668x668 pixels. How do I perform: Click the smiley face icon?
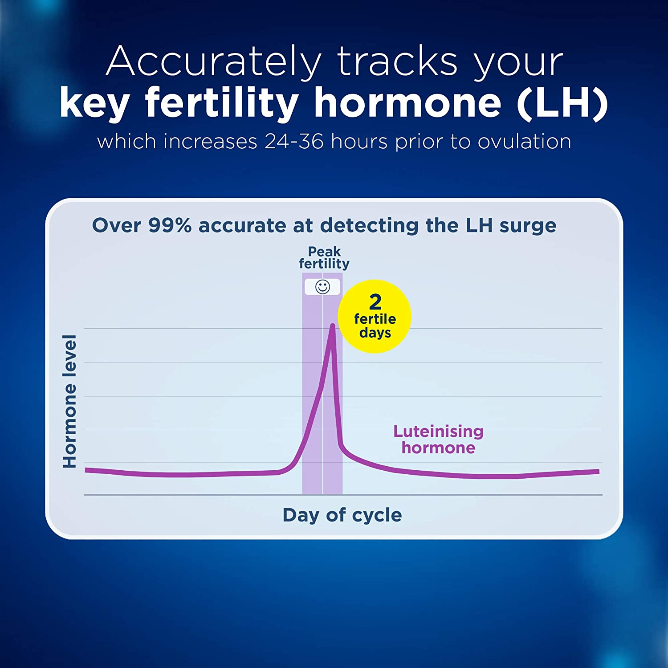coord(322,287)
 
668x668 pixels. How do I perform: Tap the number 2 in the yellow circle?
coord(375,302)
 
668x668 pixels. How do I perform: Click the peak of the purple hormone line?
coord(332,326)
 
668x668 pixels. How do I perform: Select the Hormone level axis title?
coord(70,401)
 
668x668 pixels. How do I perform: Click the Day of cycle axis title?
coord(342,515)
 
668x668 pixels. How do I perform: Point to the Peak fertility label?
coord(324,257)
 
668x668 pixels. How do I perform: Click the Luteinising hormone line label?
coord(438,439)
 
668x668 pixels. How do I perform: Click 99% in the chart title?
coord(170,225)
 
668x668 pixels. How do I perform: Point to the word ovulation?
coord(525,142)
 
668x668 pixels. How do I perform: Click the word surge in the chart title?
coord(528,226)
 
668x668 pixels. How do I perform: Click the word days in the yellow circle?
coord(375,333)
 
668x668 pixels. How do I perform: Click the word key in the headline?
coord(94,103)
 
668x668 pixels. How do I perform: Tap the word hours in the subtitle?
coord(359,142)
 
